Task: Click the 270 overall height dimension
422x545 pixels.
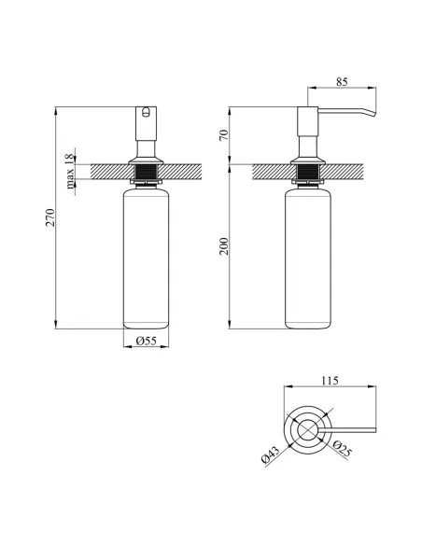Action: tap(50, 217)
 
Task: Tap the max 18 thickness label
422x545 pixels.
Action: tap(70, 171)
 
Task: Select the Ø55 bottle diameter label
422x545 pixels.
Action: tap(147, 341)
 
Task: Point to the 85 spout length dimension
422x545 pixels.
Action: tap(342, 82)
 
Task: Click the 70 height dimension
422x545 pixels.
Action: tap(224, 135)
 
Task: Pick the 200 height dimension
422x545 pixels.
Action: tap(224, 246)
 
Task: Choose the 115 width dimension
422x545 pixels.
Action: tap(330, 381)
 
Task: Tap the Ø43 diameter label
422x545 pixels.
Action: tap(270, 455)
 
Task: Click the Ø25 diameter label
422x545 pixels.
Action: tap(342, 449)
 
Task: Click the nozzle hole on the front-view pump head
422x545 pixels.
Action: tap(147, 111)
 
